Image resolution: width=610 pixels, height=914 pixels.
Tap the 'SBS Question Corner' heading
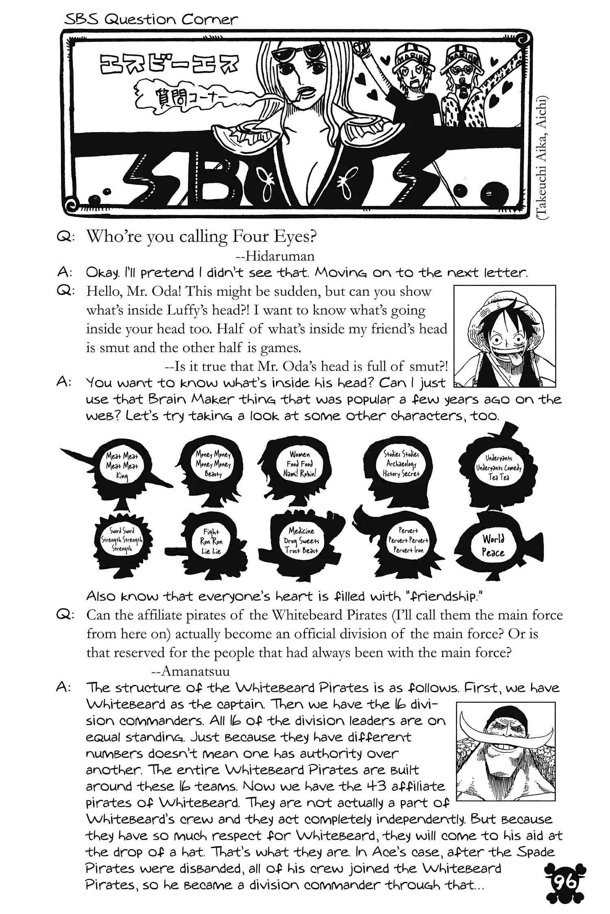coord(151,19)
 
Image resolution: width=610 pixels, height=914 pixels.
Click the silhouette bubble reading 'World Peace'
coord(493,546)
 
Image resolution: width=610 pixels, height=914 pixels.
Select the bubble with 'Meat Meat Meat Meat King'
coord(122,466)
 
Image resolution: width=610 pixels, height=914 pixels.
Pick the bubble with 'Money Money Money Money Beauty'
coord(213,464)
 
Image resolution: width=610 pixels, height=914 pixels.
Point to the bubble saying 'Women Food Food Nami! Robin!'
coord(300,464)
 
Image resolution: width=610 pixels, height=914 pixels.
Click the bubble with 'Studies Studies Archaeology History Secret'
coord(401,463)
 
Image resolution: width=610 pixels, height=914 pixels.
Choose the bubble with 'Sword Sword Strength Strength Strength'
coord(122,540)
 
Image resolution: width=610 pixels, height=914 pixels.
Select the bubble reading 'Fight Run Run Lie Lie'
coord(211,541)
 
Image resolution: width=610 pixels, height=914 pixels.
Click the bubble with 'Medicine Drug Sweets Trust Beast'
coord(301,541)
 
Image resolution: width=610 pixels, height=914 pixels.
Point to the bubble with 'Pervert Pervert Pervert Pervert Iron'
coord(408,540)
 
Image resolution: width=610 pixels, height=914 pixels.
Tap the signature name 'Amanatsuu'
coord(195,671)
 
